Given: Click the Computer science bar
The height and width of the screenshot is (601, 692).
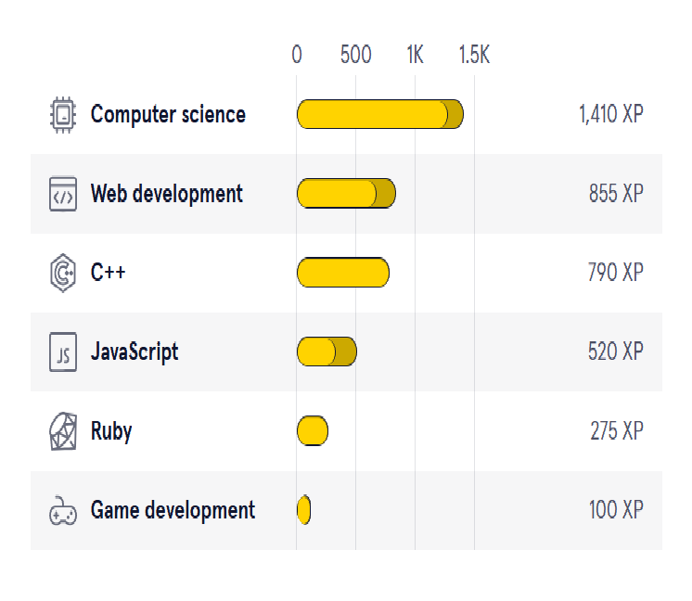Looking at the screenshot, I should [x=379, y=115].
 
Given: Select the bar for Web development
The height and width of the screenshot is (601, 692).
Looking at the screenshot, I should [x=346, y=194].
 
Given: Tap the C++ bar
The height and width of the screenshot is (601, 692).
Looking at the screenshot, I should [x=342, y=273].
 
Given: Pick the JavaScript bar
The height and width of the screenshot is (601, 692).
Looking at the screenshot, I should [x=327, y=352].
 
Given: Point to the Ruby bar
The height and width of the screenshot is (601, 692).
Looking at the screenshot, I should [x=313, y=431].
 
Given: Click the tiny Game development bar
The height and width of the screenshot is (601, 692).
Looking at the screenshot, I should [x=303, y=510].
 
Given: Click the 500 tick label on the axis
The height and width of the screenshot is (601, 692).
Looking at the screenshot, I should [x=356, y=56].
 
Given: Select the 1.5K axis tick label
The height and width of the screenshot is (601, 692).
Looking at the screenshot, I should [x=474, y=56].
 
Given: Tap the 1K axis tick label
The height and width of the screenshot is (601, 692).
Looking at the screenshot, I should [x=415, y=56].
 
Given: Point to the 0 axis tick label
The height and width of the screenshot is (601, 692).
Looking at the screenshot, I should [x=297, y=56].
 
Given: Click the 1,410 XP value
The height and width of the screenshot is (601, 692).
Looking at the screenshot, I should [x=610, y=115].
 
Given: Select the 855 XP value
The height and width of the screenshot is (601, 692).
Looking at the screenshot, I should [x=616, y=194].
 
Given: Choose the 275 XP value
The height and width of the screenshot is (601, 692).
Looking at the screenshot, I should [x=617, y=431].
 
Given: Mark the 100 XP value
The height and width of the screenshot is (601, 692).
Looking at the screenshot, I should [x=616, y=510].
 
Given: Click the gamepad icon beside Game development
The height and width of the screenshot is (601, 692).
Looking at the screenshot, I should [x=62, y=511].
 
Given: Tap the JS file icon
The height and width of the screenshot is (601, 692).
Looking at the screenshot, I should [x=62, y=352].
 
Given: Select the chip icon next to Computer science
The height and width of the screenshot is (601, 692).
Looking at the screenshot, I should [x=62, y=115].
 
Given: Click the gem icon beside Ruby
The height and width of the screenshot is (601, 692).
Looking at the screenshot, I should [x=62, y=431].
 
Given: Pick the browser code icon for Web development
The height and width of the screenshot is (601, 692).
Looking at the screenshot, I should [x=62, y=194].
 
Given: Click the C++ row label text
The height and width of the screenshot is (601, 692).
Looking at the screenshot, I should [x=108, y=273].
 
